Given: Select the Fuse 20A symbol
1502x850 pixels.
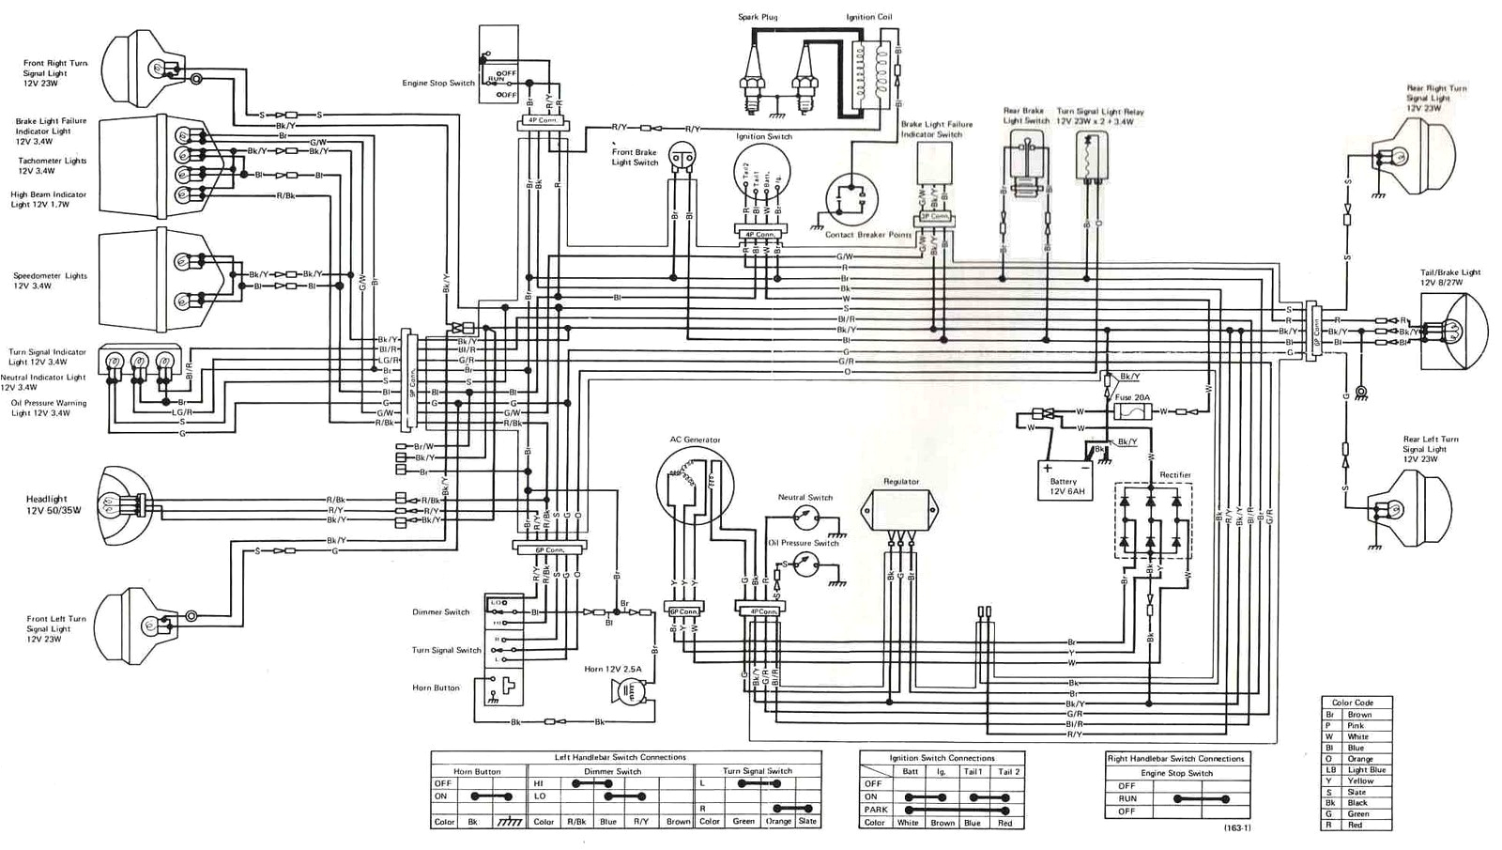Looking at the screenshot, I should coord(1132,411).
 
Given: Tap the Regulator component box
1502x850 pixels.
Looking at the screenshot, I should coord(901,511).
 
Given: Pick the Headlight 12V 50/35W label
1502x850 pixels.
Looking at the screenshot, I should coord(54,505).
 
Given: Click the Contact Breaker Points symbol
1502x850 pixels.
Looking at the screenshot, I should coord(851,198).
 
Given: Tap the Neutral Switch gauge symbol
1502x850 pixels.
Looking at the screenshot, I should coord(805,516).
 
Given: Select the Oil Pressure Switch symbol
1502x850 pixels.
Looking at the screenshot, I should coord(805,564).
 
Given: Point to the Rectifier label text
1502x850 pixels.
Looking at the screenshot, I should coord(1174,475).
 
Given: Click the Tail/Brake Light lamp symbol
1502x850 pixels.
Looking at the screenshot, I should coord(1451,330).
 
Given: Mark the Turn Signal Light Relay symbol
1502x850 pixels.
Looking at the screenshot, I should coord(1092,155).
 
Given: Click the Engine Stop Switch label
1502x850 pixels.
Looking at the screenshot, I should coord(438,84).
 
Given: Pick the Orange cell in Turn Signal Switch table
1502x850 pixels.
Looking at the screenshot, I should coord(778,822).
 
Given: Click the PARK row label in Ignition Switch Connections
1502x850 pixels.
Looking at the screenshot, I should coord(876,810).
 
